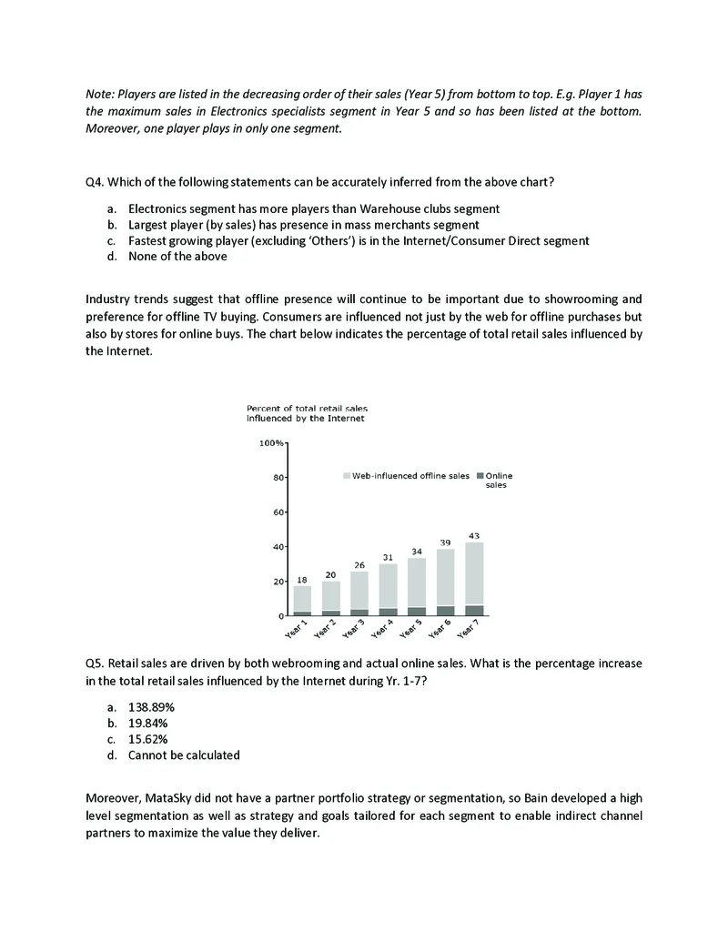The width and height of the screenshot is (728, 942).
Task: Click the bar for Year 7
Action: [x=474, y=579]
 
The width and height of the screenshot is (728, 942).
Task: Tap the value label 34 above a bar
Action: [x=417, y=552]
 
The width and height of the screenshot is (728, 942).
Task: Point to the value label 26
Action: [x=359, y=565]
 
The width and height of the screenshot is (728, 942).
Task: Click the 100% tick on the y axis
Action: [x=271, y=443]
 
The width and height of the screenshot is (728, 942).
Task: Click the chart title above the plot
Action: [x=307, y=414]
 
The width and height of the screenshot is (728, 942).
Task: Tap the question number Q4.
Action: [x=95, y=182]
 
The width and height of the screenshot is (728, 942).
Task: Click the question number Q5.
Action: [x=95, y=663]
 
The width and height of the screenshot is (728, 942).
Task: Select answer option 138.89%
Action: [x=151, y=706]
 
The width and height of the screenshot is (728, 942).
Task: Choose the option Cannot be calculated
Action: [x=184, y=755]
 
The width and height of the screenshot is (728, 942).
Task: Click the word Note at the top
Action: [x=97, y=95]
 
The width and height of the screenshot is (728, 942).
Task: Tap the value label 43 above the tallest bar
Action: [x=474, y=535]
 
